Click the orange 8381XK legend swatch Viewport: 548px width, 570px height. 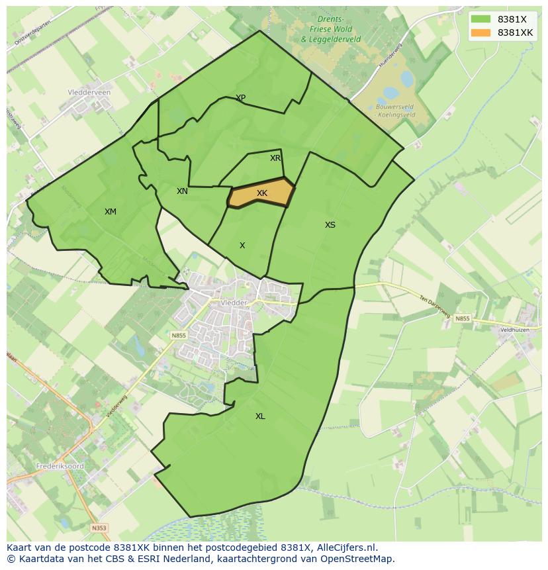click(482, 32)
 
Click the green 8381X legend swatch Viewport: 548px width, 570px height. click(482, 20)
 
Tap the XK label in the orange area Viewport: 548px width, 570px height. click(262, 193)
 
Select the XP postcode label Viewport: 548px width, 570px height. click(241, 98)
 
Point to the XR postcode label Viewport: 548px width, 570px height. click(275, 158)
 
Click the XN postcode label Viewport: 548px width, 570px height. click(182, 191)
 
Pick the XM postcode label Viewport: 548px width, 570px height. click(111, 212)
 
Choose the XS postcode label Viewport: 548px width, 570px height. click(330, 225)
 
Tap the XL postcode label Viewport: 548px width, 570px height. click(260, 416)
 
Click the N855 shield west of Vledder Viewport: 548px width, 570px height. click(179, 336)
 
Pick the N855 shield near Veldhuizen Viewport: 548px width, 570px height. click(462, 318)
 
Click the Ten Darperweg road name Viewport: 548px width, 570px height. click(433, 304)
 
